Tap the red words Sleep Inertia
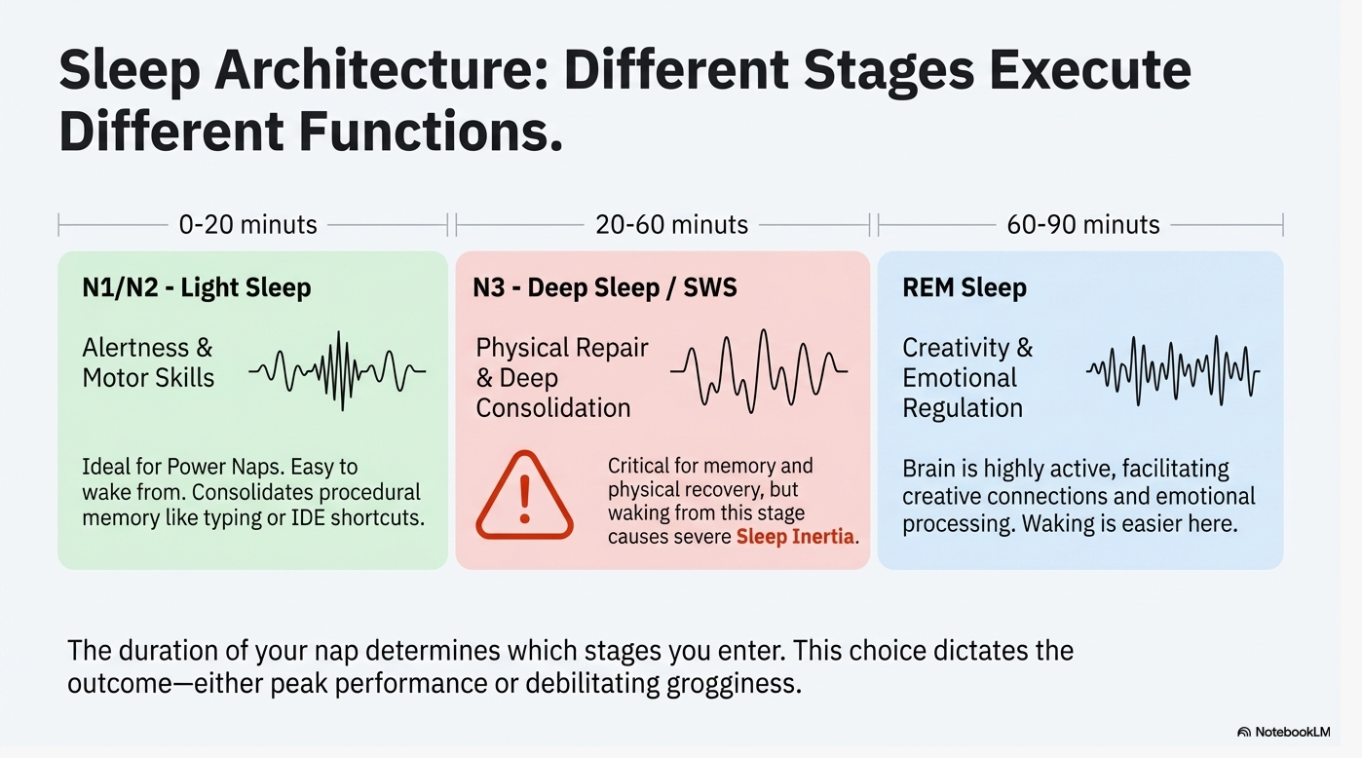795,537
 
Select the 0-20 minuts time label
248,225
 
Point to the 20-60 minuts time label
672,225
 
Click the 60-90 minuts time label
1083,225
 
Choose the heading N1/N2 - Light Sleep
197,287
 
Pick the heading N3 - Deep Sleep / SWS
605,287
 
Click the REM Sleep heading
965,287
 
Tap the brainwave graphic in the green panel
337,371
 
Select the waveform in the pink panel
759,371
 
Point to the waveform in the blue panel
1173,371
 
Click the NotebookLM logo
1283,732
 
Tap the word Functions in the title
431,132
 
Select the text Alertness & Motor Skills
148,362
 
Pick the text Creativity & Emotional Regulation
967,377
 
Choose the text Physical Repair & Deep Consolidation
562,377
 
